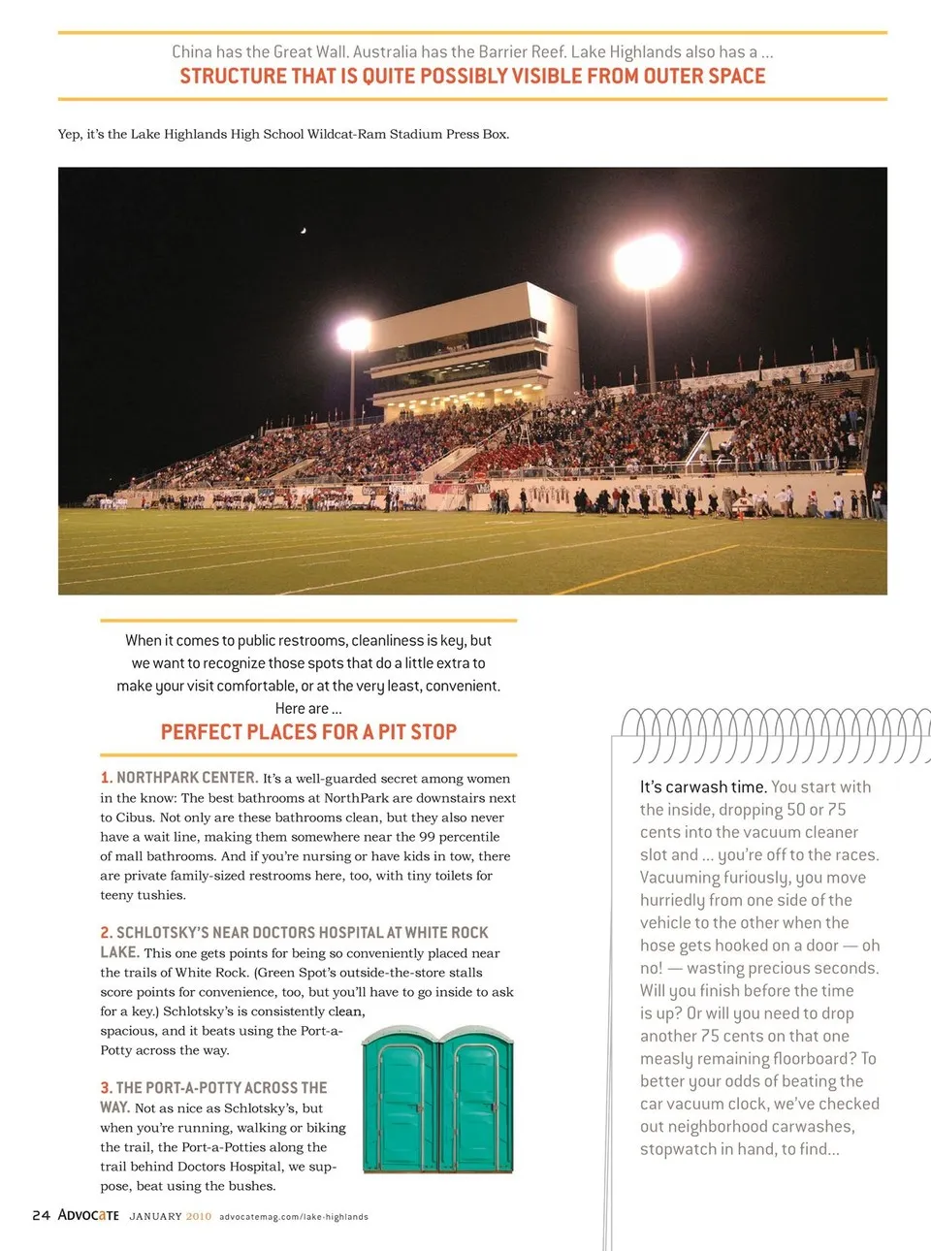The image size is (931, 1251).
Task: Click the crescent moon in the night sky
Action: pyautogui.click(x=304, y=230)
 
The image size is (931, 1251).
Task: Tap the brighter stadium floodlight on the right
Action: pyautogui.click(x=647, y=262)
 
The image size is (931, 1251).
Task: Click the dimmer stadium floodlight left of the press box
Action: pyautogui.click(x=353, y=335)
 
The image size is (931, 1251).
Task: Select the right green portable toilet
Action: pyautogui.click(x=476, y=1104)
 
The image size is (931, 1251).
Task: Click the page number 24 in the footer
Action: pyautogui.click(x=41, y=1215)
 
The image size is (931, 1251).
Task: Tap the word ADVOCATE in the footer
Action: pyautogui.click(x=88, y=1215)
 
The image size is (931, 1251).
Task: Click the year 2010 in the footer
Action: pyautogui.click(x=198, y=1216)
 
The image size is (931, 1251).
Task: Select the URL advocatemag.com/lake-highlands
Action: pyautogui.click(x=294, y=1216)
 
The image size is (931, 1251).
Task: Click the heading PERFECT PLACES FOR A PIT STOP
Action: pyautogui.click(x=308, y=732)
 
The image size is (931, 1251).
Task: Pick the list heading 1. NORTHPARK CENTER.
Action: pyautogui.click(x=179, y=778)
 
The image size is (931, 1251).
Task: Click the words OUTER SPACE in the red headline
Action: pyautogui.click(x=704, y=76)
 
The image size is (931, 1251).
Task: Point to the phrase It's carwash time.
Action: pyautogui.click(x=703, y=786)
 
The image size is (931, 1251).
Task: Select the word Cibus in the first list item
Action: pyautogui.click(x=135, y=818)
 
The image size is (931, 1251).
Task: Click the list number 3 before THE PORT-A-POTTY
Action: pyautogui.click(x=105, y=1088)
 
